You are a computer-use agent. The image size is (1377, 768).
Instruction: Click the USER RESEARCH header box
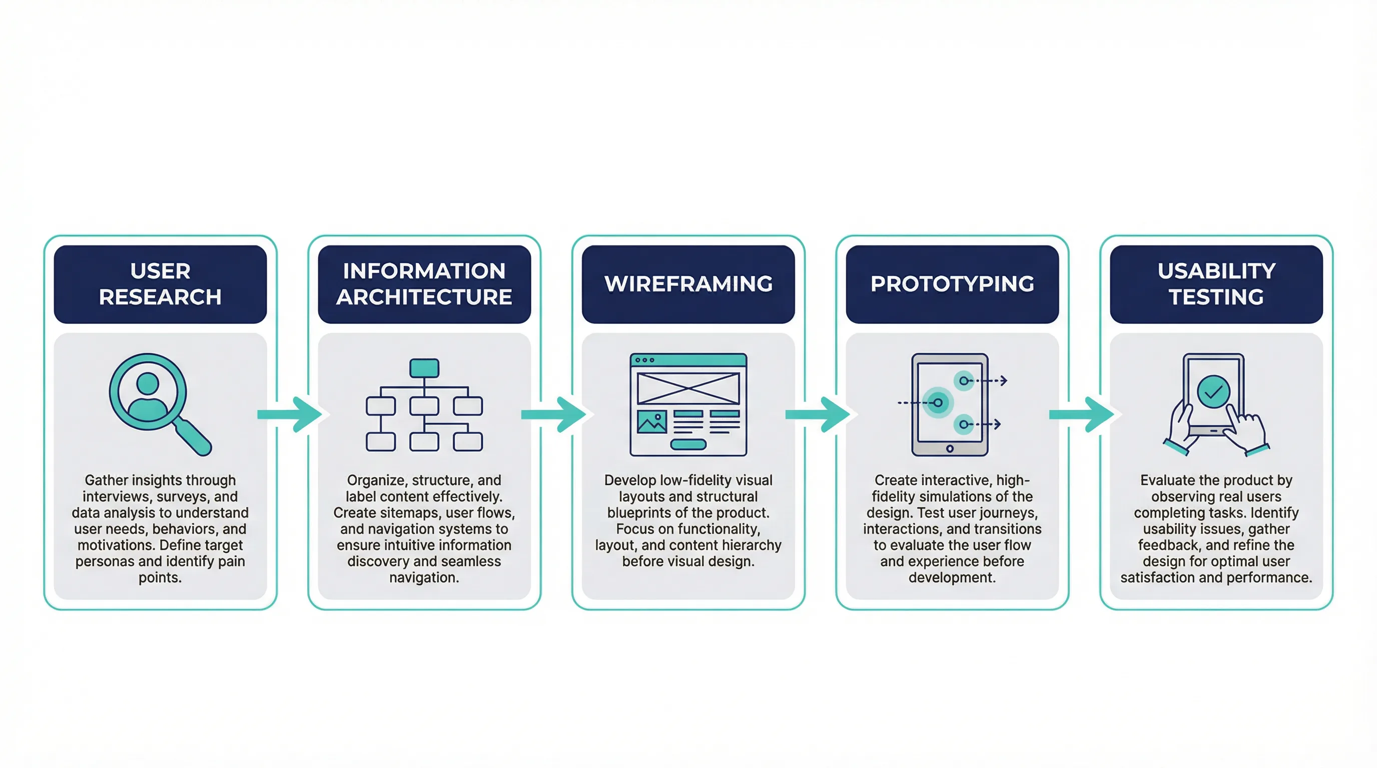[x=160, y=283]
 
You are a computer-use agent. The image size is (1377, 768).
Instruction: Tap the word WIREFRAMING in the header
[x=688, y=283]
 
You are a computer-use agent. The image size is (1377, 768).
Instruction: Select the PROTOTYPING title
[x=952, y=283]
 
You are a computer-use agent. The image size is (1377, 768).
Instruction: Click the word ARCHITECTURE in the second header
[x=424, y=297]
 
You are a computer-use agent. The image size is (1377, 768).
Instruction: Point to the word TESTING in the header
[x=1216, y=297]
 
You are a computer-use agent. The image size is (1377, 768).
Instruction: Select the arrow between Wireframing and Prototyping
[x=818, y=414]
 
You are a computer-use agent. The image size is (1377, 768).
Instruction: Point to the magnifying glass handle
[x=194, y=437]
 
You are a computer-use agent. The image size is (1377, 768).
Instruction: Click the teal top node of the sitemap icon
[x=424, y=368]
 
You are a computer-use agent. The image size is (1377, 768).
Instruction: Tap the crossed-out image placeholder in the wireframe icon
[x=688, y=388]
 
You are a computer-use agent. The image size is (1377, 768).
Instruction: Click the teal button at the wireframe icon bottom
[x=688, y=444]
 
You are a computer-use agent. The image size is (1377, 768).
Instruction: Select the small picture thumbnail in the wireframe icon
[x=651, y=422]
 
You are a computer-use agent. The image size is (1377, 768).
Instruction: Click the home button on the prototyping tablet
[x=949, y=448]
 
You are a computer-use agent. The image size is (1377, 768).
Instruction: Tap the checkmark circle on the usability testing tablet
[x=1213, y=391]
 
